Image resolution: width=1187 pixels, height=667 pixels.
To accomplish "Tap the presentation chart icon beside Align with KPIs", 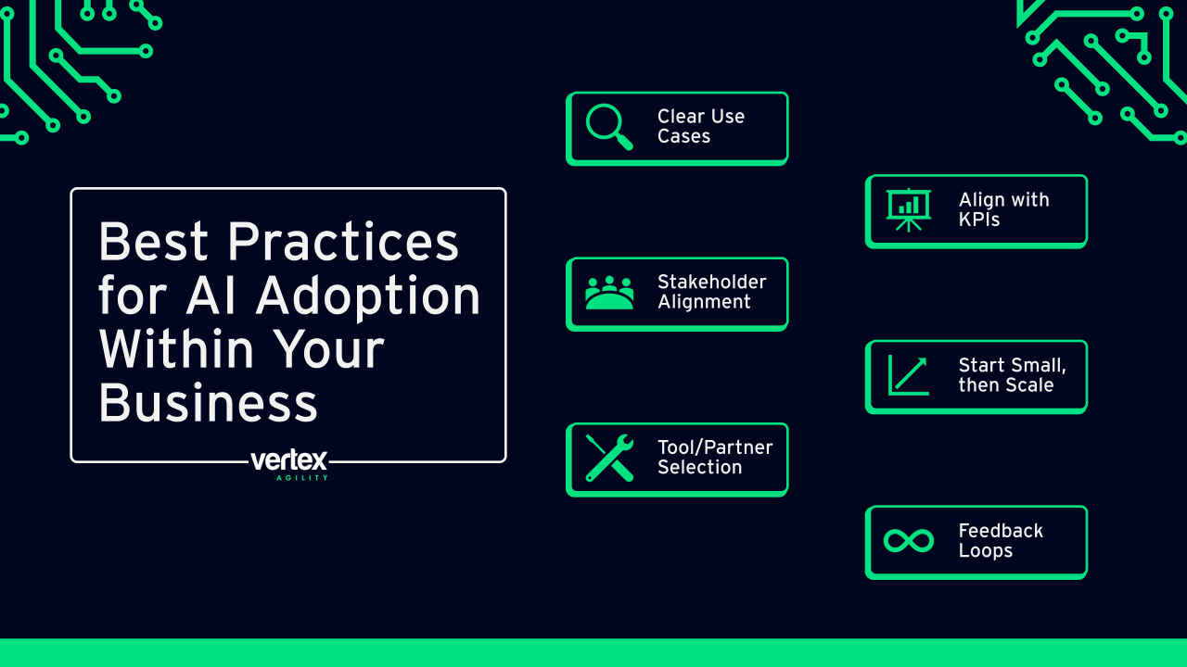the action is [908, 209].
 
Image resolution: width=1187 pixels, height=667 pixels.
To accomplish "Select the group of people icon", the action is [609, 293].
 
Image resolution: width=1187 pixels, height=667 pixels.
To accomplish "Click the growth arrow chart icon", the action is [908, 375].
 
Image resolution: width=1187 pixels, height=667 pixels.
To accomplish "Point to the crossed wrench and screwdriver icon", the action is [609, 458].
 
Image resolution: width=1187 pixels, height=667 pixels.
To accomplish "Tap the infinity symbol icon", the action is [908, 540].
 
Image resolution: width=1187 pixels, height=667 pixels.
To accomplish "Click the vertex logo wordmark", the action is [288, 460].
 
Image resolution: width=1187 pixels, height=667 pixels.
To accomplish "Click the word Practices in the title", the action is [343, 242].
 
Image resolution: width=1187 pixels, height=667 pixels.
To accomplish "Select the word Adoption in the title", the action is [368, 296].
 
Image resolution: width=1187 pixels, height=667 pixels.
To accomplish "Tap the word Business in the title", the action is [208, 402].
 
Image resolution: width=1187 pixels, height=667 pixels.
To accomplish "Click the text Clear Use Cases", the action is [700, 126].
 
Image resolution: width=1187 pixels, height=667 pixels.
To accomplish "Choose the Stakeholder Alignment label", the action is [711, 292].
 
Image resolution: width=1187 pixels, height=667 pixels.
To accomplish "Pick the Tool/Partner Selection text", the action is [715, 457].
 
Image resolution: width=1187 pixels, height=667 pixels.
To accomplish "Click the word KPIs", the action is [978, 220].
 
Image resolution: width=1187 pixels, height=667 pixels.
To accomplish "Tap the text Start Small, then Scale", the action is [1012, 375].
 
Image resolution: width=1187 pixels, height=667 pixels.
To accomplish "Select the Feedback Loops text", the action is [1001, 540].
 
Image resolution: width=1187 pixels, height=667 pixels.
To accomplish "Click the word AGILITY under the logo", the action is [302, 478].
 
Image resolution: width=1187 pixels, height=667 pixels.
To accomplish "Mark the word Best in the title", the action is [154, 242].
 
